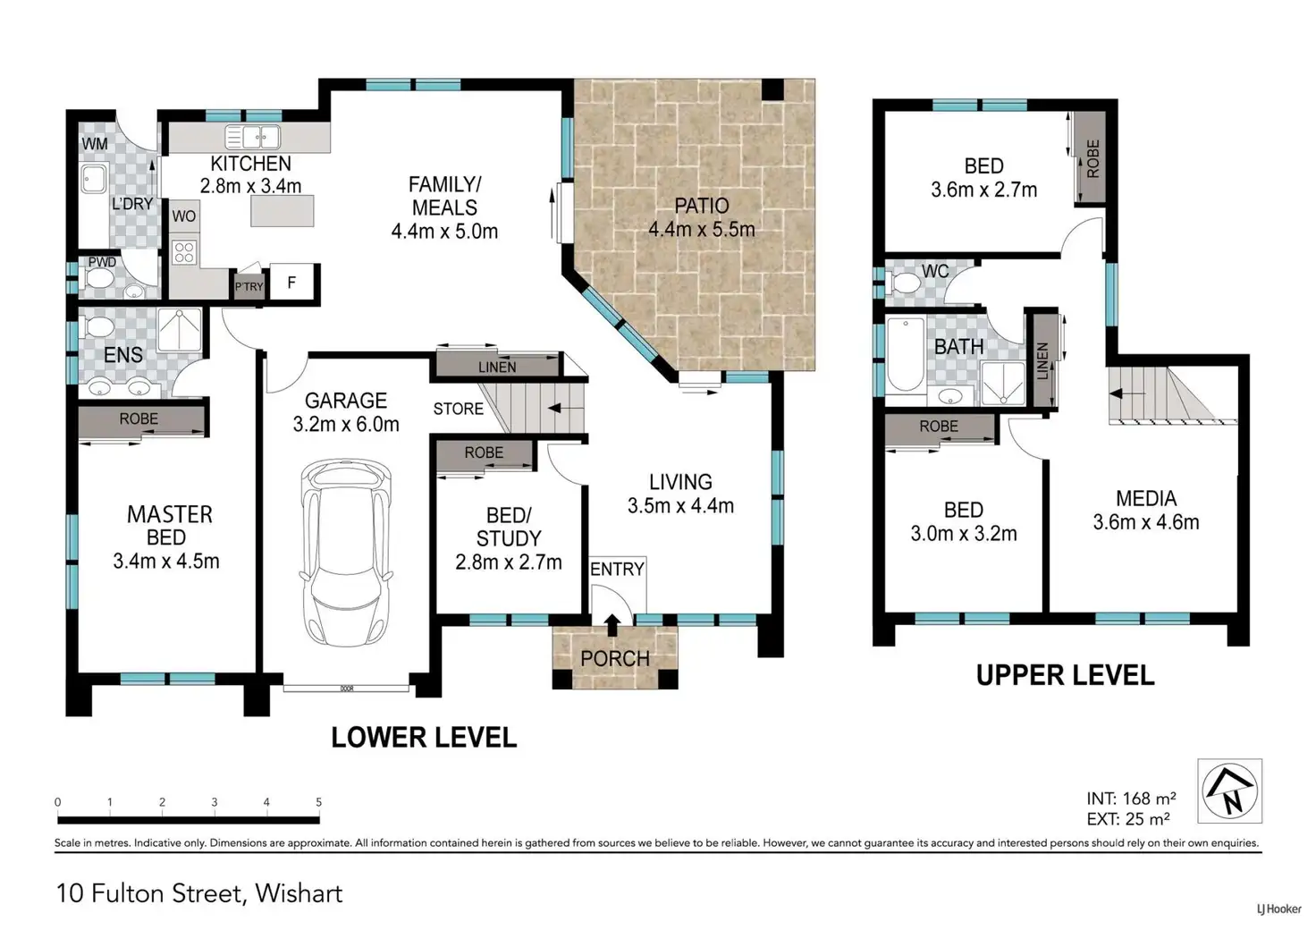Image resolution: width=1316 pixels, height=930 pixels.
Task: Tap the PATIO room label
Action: coord(702,207)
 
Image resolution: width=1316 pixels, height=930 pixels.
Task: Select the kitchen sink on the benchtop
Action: coord(253,138)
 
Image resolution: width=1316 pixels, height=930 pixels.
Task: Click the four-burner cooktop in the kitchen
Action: coord(184,253)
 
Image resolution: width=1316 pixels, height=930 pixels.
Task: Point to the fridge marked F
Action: coord(292,283)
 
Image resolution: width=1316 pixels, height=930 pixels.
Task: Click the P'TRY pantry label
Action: coord(249,287)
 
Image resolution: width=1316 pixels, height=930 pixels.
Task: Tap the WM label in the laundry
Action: coord(95,144)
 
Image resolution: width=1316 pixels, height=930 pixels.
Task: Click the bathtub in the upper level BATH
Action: coord(906,355)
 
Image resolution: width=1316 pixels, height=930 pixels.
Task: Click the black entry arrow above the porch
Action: coord(612,625)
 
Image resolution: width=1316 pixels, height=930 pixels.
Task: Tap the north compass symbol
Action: coord(1229,790)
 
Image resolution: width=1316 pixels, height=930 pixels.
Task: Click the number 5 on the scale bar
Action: coord(318,802)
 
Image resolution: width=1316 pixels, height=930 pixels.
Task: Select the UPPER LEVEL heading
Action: coord(1065,676)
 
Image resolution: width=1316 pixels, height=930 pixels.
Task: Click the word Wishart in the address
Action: coord(299,893)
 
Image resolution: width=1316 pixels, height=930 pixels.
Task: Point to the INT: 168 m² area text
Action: coord(1131,799)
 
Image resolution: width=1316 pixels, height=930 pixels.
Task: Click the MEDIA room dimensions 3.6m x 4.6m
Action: coord(1145,521)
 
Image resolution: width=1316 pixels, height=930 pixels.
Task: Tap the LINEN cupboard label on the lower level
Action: coord(497,368)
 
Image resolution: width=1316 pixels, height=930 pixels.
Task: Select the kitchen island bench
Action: coord(282,211)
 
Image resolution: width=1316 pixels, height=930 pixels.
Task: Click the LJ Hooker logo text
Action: coord(1279,909)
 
